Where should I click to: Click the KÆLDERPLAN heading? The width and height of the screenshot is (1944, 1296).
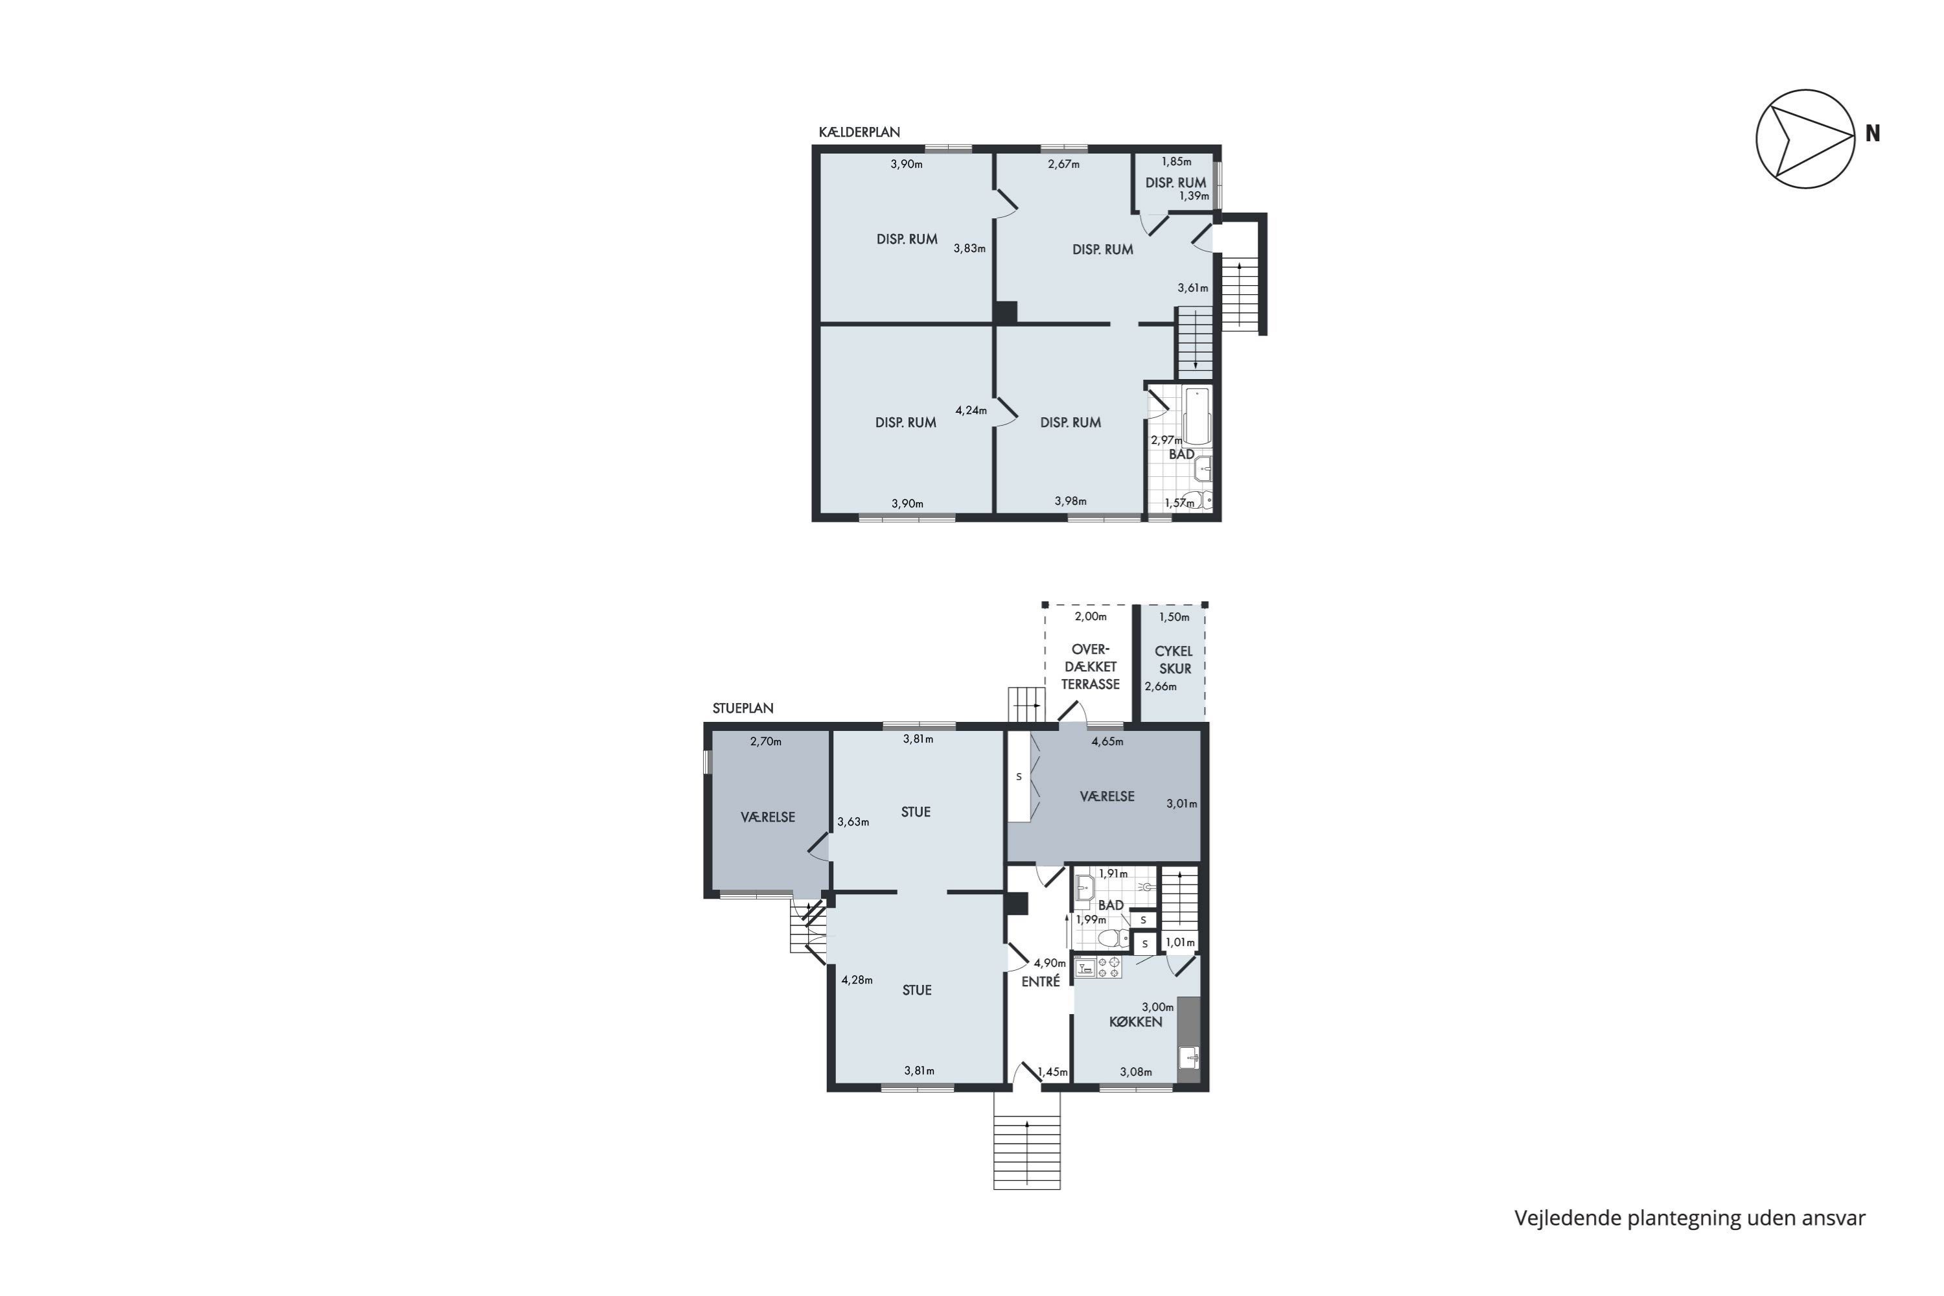(x=859, y=132)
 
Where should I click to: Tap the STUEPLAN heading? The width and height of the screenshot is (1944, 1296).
(x=743, y=708)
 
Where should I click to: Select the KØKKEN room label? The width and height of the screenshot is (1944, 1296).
(x=1136, y=1022)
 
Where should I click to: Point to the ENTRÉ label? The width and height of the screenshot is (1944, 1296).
(x=1041, y=982)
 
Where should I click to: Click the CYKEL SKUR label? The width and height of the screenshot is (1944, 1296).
(x=1174, y=660)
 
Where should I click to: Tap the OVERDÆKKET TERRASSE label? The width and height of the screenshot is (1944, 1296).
(x=1090, y=666)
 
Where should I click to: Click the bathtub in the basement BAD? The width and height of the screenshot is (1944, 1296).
(x=1198, y=416)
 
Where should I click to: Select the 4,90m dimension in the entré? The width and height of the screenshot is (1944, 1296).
(x=1050, y=963)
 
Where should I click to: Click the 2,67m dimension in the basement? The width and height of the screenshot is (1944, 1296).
(x=1064, y=165)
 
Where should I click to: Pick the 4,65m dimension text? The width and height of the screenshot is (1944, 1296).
(x=1107, y=741)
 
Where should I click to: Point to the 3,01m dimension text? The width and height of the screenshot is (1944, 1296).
(x=1181, y=804)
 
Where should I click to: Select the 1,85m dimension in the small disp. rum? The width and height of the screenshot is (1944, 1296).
(x=1176, y=162)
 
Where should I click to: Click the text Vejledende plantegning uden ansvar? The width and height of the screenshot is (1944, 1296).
(x=1689, y=1218)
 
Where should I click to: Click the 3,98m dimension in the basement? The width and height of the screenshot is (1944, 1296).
(x=1070, y=501)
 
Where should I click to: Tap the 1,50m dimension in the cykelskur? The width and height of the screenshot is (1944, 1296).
(x=1174, y=618)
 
